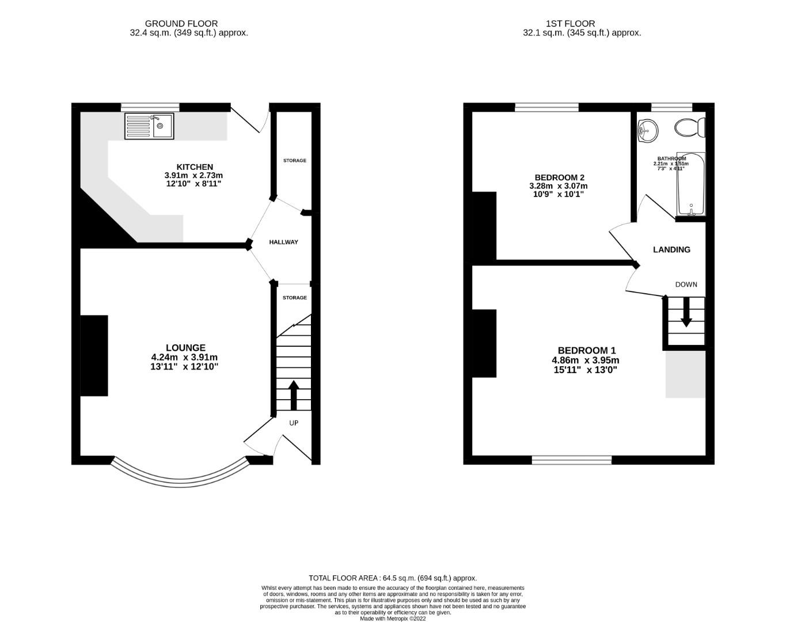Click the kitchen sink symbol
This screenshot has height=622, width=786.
click(x=149, y=127)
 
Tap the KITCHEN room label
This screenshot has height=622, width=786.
click(x=194, y=167)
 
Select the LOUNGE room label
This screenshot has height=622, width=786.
click(x=185, y=348)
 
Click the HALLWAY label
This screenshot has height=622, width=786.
click(x=284, y=242)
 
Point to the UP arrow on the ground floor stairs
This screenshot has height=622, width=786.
click(x=293, y=395)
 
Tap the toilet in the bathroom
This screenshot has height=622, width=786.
click(x=689, y=127)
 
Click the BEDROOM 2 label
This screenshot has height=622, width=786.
click(x=556, y=177)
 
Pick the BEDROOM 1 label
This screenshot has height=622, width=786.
click(x=586, y=350)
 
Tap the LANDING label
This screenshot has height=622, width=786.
click(x=671, y=250)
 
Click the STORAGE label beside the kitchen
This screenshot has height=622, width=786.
click(x=294, y=161)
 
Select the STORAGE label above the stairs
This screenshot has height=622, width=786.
click(x=294, y=298)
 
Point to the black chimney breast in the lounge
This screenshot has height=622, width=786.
click(x=94, y=355)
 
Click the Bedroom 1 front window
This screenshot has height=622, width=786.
click(x=571, y=460)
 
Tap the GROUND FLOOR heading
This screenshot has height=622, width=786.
click(x=181, y=24)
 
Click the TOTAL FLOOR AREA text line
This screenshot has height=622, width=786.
click(x=393, y=578)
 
